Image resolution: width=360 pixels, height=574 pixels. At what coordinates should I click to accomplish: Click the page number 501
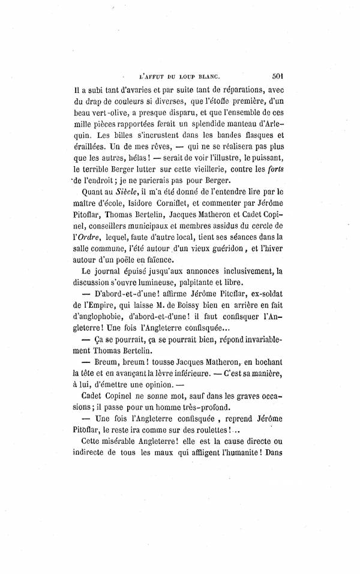277,77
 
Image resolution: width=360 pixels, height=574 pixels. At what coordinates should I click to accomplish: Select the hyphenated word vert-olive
106,112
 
